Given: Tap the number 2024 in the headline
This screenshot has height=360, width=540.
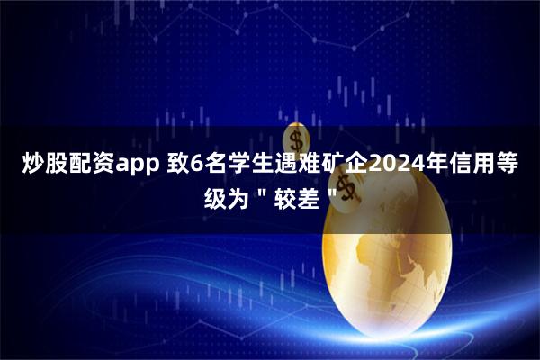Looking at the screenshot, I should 406,165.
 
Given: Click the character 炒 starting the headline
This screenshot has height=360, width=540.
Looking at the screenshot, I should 29,165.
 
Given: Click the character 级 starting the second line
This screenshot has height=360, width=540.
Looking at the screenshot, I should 217,195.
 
